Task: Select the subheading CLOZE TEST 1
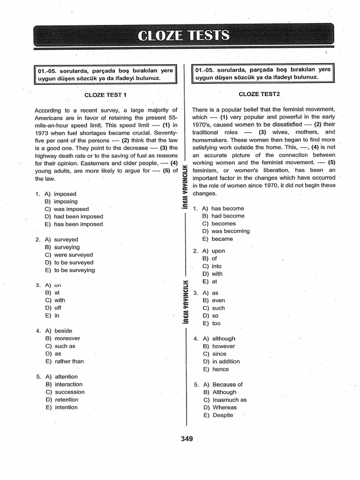pyautogui.click(x=105, y=95)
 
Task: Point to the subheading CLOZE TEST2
pyautogui.click(x=259, y=94)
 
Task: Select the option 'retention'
pyautogui.click(x=67, y=400)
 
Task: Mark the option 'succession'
pyautogui.click(x=70, y=392)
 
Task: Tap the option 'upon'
pyautogui.click(x=218, y=251)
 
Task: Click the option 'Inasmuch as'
pyautogui.click(x=229, y=400)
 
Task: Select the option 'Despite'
pyautogui.click(x=223, y=415)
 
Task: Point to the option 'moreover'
pyautogui.click(x=67, y=338)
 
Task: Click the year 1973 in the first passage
pyautogui.click(x=43, y=133)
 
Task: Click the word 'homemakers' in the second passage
pyautogui.click(x=210, y=140)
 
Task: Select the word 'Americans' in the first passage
pyautogui.click(x=49, y=118)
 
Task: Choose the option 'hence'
pyautogui.click(x=220, y=369)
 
